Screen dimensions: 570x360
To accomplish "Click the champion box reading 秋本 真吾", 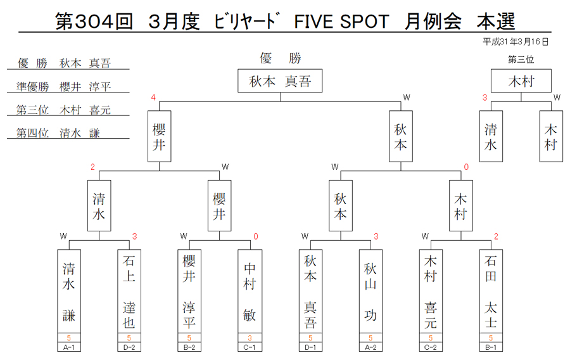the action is [280, 80].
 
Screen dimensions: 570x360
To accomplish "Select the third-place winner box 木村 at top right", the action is [521, 80].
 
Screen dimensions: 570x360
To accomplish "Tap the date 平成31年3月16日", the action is [515, 42].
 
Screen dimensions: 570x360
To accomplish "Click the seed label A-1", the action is [68, 347].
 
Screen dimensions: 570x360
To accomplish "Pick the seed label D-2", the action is [129, 347].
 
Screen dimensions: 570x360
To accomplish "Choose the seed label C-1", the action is [250, 347].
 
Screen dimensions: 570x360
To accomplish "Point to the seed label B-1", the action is [491, 347].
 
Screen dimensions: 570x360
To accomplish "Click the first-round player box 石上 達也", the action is [129, 292].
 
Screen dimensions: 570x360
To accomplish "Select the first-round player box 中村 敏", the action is [250, 292].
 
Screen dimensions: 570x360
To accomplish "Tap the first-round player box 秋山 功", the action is [370, 292].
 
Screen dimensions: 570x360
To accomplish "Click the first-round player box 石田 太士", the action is [491, 292].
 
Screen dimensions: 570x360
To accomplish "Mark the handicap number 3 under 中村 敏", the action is [250, 338].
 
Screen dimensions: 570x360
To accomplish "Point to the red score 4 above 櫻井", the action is [153, 98].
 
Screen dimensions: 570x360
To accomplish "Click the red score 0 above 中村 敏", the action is [256, 236].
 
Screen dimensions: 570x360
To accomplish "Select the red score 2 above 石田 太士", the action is [496, 236].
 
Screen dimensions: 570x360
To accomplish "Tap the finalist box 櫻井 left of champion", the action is [159, 136].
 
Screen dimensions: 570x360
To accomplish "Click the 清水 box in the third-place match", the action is [491, 136].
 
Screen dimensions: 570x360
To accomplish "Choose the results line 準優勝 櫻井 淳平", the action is [63, 87].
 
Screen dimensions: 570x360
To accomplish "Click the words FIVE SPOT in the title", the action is [341, 22].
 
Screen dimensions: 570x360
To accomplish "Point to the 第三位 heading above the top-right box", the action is [521, 60].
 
